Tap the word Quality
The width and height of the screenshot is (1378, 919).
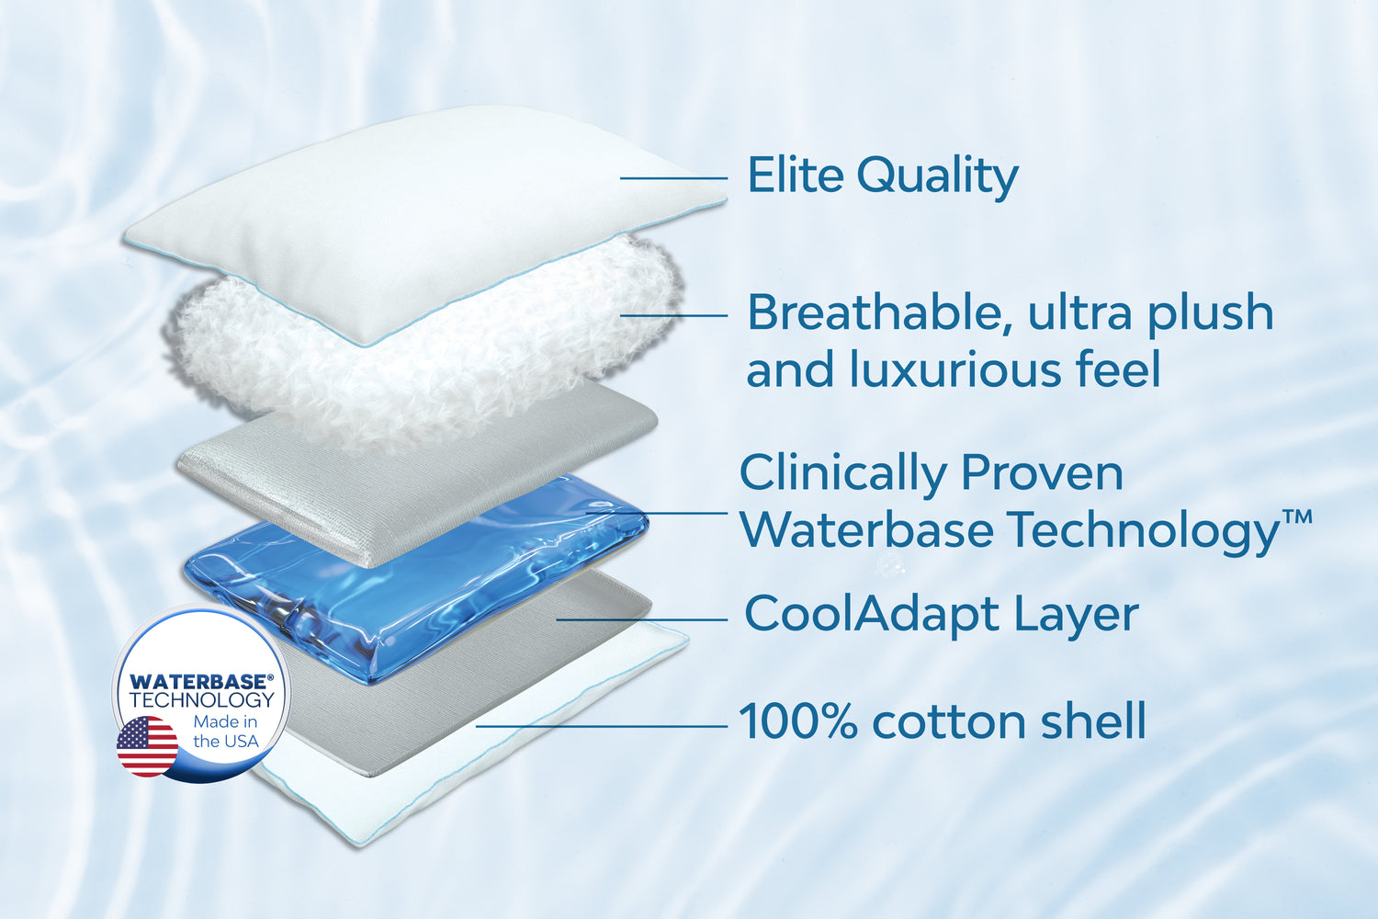click(938, 177)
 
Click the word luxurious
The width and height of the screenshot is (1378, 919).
click(956, 369)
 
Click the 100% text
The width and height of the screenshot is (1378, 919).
click(798, 720)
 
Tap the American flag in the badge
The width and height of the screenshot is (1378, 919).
click(147, 746)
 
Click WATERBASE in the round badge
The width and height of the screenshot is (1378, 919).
click(201, 681)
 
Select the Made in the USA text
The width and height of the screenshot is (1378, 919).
click(226, 732)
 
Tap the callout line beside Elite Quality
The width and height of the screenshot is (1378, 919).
click(673, 178)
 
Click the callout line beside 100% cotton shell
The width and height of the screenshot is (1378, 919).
click(602, 726)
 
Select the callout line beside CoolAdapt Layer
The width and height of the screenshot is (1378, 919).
click(642, 619)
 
